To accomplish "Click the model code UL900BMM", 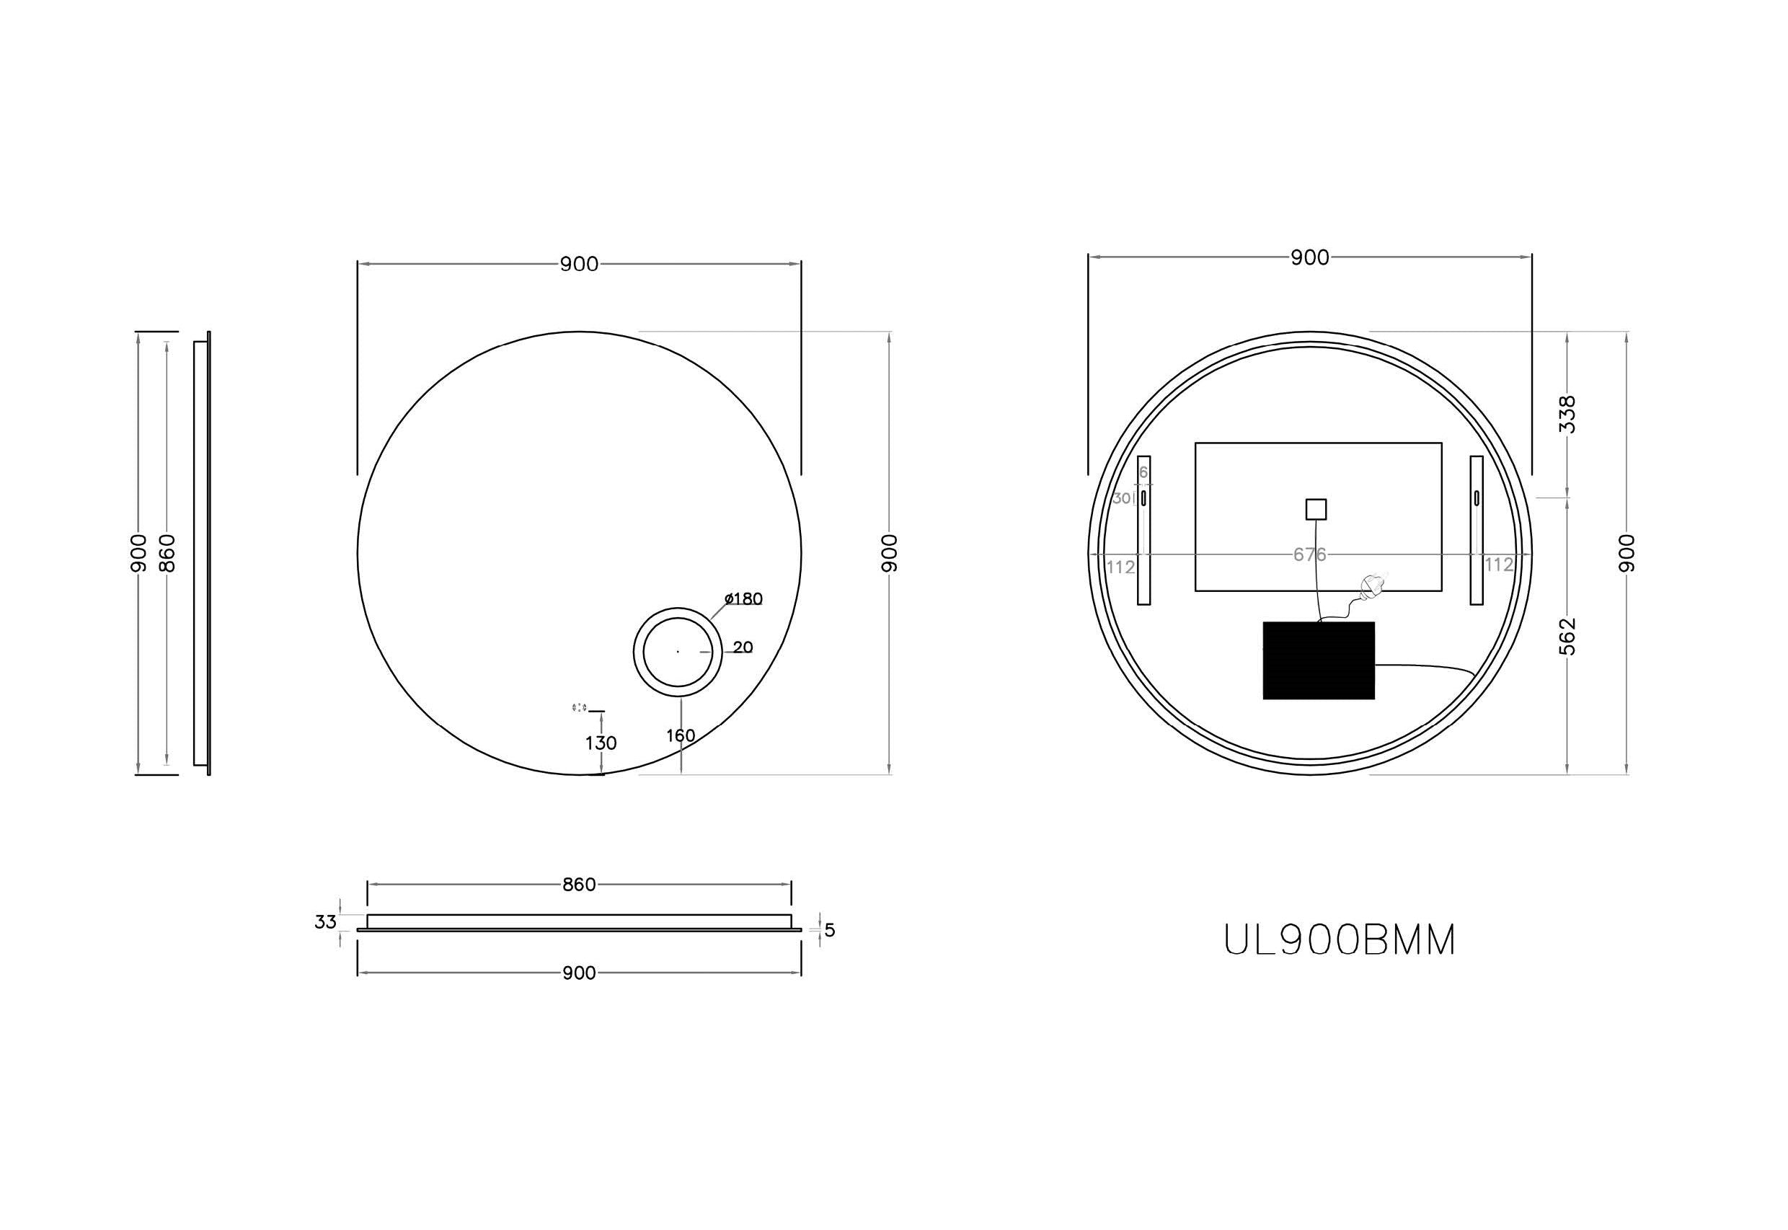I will click(x=1340, y=941).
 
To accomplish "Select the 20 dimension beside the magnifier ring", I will click(x=743, y=647).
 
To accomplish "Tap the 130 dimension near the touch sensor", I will click(x=601, y=743).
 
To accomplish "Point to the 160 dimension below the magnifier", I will click(x=681, y=735).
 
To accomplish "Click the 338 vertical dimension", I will click(x=1567, y=414).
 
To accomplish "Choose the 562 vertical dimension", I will click(x=1567, y=637).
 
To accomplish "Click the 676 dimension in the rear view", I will click(x=1309, y=554).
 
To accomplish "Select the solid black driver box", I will click(x=1318, y=660).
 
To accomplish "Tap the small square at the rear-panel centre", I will click(x=1316, y=510).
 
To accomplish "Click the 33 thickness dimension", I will click(x=325, y=921).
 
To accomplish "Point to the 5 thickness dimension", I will click(x=829, y=930).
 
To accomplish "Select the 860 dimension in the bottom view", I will click(x=579, y=885).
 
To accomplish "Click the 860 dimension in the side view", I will click(x=167, y=552).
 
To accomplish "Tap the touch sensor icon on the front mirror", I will click(x=580, y=707).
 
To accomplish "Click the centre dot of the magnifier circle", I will click(x=678, y=652).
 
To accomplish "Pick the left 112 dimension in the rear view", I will click(x=1120, y=567).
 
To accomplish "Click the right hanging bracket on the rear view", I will click(x=1476, y=530).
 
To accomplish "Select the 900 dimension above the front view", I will click(x=579, y=265).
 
